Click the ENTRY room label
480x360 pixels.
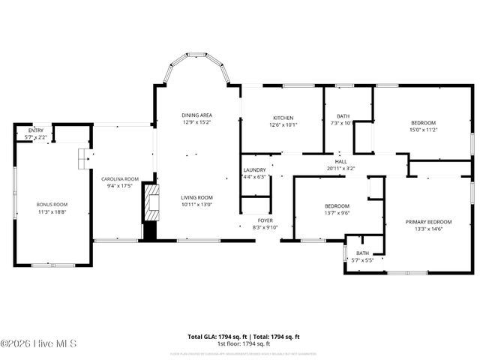36,130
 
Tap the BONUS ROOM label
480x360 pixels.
52,205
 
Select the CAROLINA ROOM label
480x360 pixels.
120,178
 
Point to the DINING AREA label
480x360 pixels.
196,115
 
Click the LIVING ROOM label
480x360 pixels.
196,198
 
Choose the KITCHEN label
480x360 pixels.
283,118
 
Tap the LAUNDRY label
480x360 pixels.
254,170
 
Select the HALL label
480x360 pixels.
340,161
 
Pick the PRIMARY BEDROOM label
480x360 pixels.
429,222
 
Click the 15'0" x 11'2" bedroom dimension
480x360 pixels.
423,130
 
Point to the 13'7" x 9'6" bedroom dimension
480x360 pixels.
337,212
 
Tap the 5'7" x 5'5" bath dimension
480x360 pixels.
362,259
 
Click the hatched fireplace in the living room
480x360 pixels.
152,203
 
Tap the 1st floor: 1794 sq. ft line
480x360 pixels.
244,343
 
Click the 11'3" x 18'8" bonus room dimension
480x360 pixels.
52,212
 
